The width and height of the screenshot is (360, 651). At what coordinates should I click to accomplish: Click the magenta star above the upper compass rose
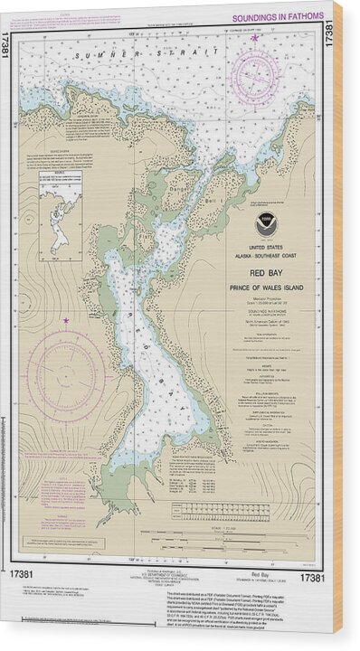coord(256,38)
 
